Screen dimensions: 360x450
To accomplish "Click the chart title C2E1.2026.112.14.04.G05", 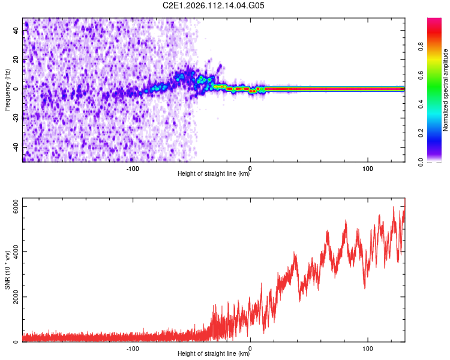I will coord(214,5).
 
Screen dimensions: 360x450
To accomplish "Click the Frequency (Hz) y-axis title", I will coord(7,89).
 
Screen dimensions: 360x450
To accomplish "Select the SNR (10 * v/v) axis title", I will coord(7,270).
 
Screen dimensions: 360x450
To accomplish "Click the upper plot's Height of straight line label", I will coord(214,174).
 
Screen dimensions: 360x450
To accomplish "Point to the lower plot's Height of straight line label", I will coord(214,354).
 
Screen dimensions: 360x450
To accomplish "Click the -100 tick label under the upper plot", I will coord(133,168).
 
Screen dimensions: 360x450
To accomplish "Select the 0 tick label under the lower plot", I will coord(250,348).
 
